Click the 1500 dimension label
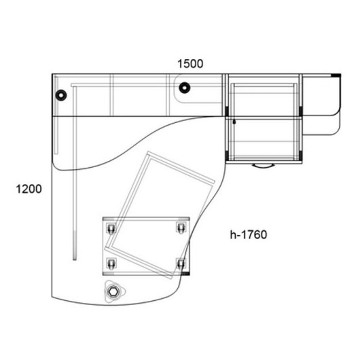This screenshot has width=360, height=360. pos(190,64)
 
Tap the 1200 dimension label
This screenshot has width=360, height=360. pos(29,190)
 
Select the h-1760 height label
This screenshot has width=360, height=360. pos(249,234)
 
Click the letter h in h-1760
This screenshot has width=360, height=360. pos(233,234)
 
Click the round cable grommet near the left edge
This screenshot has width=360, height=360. pos(61,95)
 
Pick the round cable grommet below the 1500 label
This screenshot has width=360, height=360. pos(184,88)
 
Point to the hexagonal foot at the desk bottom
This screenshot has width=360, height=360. pos(113,292)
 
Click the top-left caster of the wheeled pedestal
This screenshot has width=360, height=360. pos(111,228)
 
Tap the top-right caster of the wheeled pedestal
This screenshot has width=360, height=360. pos(181,228)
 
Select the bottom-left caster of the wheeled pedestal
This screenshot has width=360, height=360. pos(111,264)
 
